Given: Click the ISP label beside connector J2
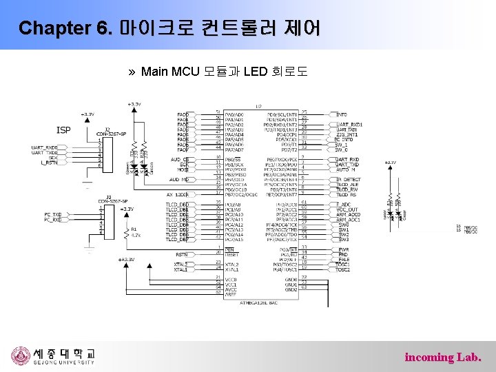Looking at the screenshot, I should (63, 130).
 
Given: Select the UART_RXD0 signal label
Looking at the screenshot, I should (44, 147).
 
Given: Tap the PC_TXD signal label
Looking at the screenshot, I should (53, 214).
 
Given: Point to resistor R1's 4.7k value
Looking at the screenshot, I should (136, 235).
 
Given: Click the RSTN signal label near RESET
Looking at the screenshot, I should (181, 254).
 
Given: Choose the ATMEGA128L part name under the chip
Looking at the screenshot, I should (259, 302).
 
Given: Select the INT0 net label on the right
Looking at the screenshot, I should (342, 114).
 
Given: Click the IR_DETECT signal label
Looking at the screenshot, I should (349, 179).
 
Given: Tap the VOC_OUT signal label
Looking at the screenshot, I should (347, 209).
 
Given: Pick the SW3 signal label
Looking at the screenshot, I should (343, 239).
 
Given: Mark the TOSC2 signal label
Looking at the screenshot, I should (343, 269).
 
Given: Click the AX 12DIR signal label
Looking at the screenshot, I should (177, 194).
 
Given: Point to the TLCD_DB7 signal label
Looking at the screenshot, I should (177, 239).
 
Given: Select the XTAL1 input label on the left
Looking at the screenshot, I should (180, 269).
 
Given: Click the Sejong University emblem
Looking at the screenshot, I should (21, 356).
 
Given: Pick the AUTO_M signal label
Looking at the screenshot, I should (346, 169).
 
